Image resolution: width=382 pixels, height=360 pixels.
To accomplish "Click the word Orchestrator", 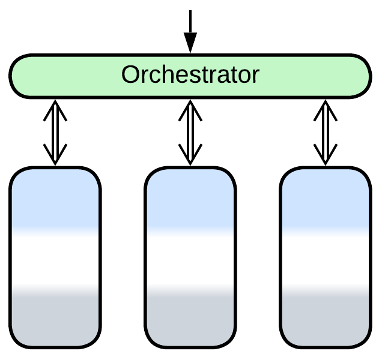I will point(190,75).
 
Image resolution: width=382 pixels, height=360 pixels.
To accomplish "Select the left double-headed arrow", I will point(55,132).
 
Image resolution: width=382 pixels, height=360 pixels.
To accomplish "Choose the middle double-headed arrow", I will point(190,132).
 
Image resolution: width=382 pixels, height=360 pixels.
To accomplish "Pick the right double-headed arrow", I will point(325,132).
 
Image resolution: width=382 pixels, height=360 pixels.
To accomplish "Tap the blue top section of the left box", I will point(55,198).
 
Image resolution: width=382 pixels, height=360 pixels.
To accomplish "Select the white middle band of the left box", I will point(55,258).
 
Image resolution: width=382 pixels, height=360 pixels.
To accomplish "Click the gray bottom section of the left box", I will point(55,318).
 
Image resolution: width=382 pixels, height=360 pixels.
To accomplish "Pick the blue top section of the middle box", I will point(190,198).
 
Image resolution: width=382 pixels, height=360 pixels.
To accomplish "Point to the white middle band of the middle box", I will point(190,258).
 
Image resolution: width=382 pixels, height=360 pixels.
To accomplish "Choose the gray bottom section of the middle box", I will point(190,318).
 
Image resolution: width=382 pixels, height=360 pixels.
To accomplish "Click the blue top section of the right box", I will point(325,198).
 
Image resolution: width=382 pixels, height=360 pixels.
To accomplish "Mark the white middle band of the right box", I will point(325,258).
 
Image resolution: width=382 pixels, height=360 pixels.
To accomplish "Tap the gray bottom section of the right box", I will point(325,318).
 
